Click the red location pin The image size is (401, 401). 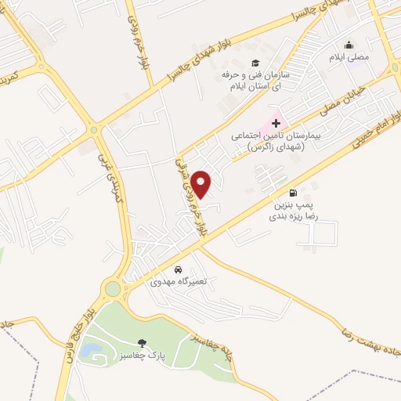pyautogui.click(x=201, y=182)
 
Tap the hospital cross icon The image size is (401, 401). pyautogui.click(x=276, y=123)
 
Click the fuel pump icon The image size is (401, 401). pyautogui.click(x=293, y=193)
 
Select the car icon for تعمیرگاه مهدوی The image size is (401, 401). pyautogui.click(x=179, y=269)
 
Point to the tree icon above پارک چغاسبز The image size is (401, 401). pyautogui.click(x=141, y=342)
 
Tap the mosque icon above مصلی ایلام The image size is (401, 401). pyautogui.click(x=349, y=45)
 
